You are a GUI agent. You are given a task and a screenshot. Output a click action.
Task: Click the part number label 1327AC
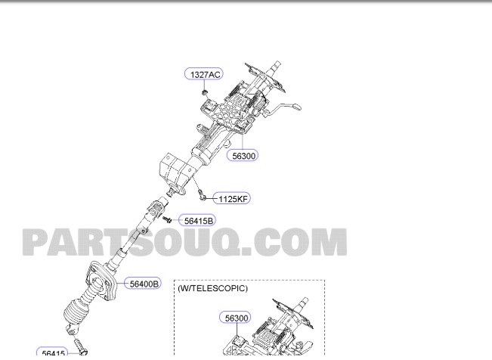click(204, 74)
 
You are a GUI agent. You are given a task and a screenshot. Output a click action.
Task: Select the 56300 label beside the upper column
click(243, 155)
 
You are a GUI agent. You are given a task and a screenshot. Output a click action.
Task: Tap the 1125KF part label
click(232, 199)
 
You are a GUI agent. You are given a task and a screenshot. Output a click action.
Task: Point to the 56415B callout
click(200, 220)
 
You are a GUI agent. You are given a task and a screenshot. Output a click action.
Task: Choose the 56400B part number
click(144, 284)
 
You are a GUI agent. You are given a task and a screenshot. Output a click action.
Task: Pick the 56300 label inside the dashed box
click(236, 318)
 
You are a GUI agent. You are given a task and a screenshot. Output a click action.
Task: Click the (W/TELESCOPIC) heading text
click(212, 288)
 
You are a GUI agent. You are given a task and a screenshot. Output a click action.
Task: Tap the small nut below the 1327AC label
click(205, 92)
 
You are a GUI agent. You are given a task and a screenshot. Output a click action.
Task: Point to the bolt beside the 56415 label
click(82, 352)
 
